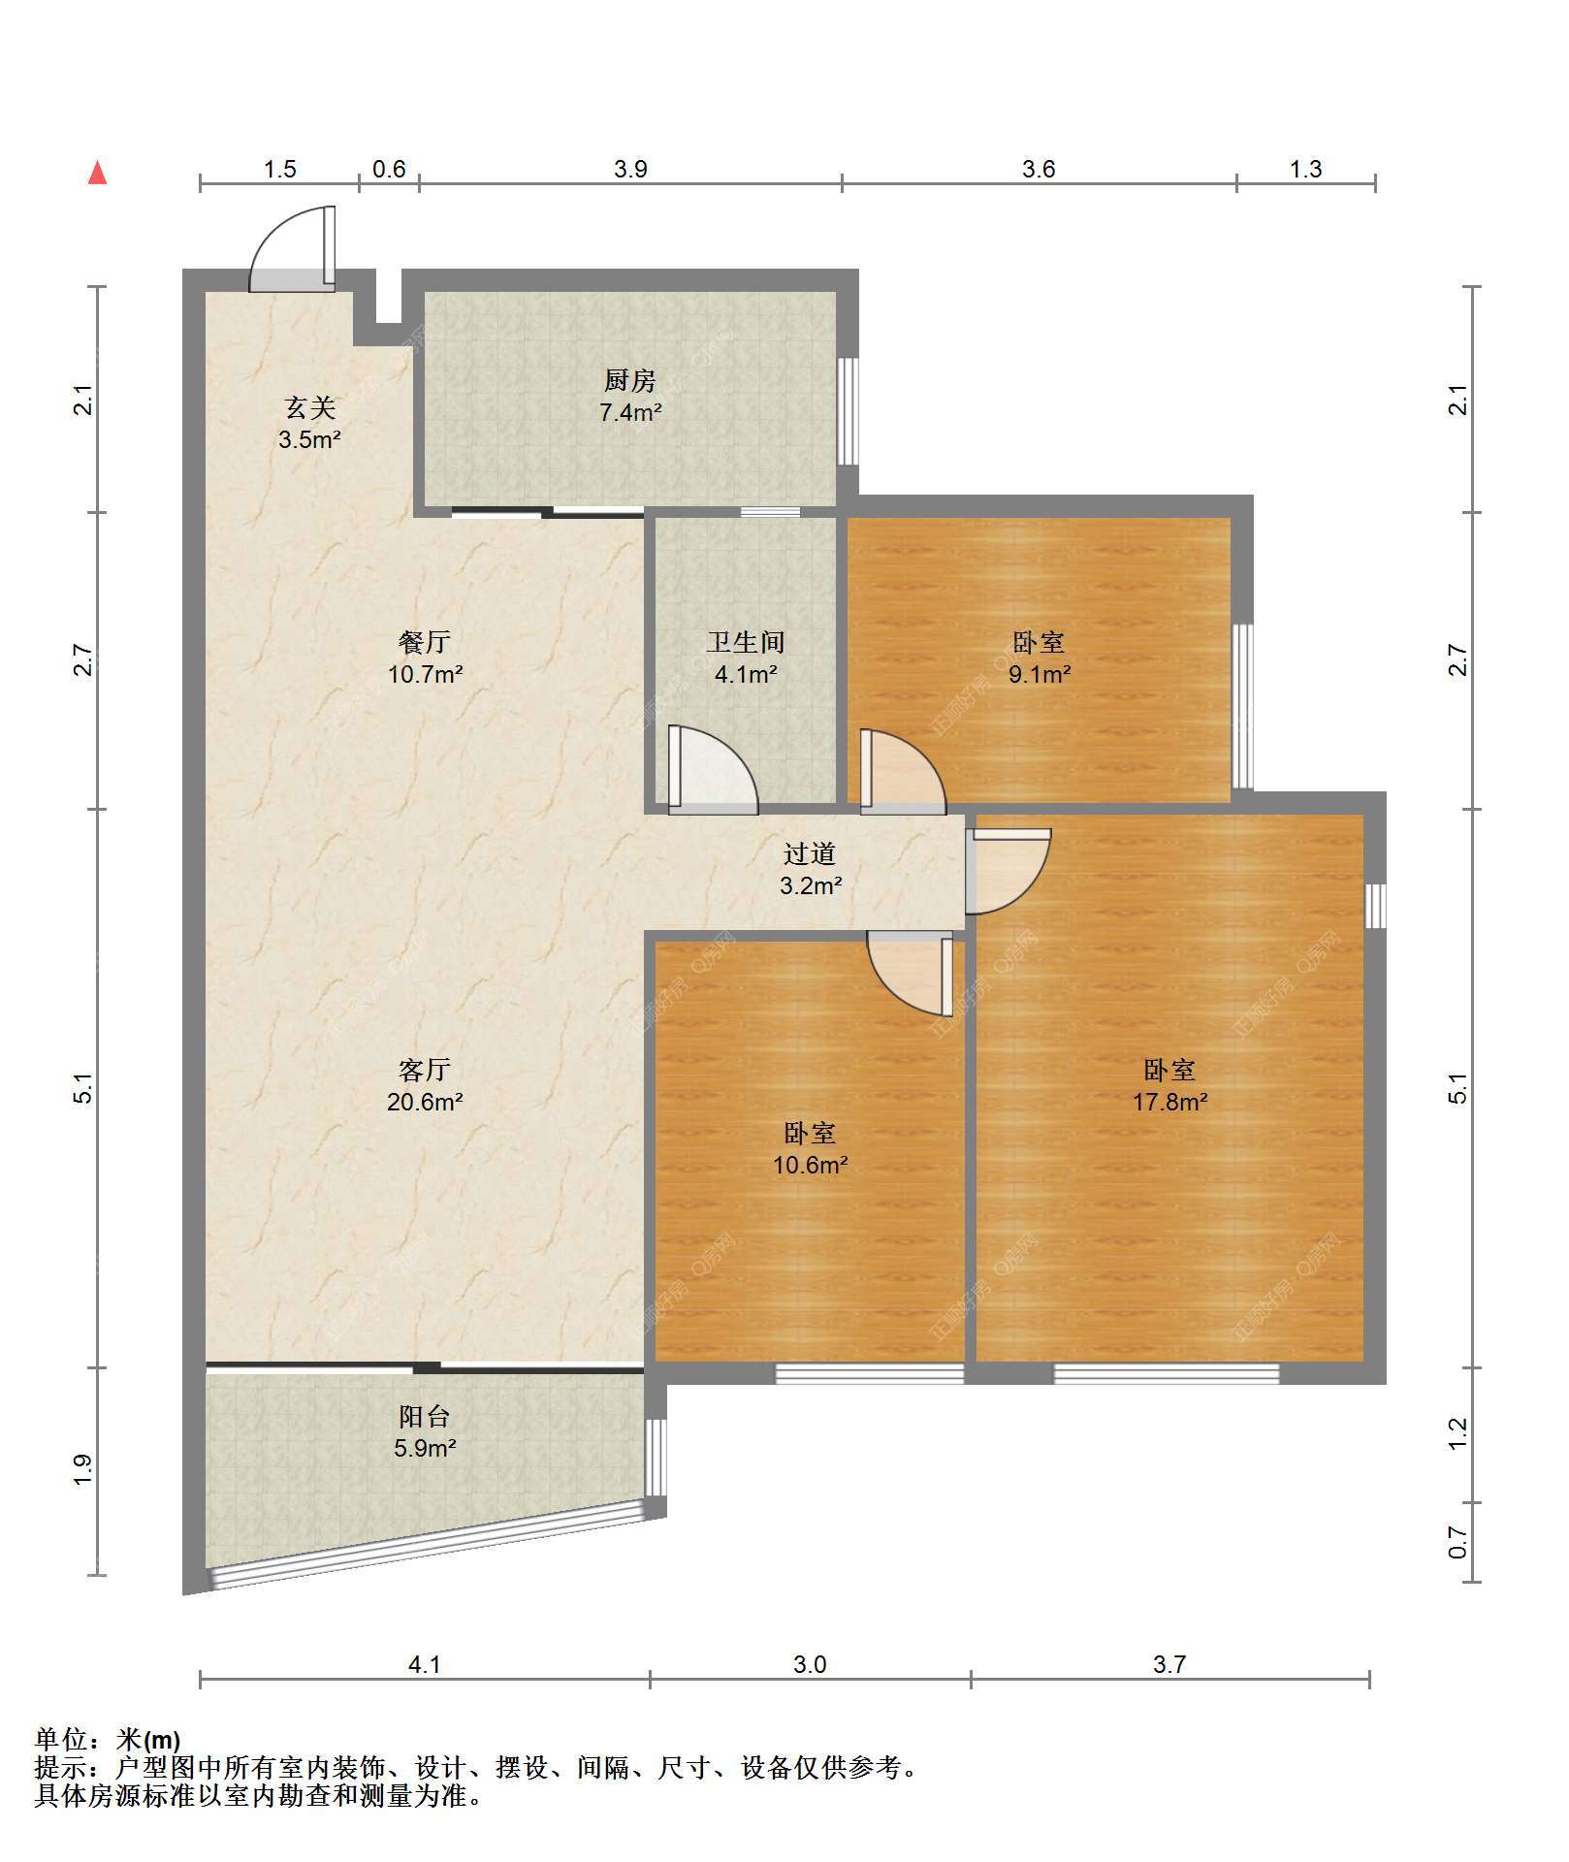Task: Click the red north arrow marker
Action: pos(97,173)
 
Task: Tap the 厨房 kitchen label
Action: pos(630,381)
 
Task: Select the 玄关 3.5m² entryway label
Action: pos(309,424)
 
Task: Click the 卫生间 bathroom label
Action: pos(745,642)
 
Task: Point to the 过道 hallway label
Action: pos(810,854)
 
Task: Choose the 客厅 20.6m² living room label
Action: pos(425,1085)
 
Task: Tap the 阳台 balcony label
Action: pos(425,1417)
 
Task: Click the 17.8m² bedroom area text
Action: pos(1170,1102)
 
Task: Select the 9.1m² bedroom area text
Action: pos(1040,674)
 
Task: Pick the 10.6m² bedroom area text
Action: pos(810,1165)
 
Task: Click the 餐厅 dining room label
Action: pos(425,642)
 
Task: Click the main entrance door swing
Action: pos(292,248)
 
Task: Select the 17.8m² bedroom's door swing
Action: pos(1009,871)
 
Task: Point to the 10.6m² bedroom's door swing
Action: pos(910,974)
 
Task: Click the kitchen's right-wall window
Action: pos(849,411)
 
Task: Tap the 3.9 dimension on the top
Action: pos(630,170)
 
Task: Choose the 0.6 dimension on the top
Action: pos(389,170)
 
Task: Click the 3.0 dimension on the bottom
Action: pos(810,1665)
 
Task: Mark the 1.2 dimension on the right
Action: pos(1457,1434)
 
